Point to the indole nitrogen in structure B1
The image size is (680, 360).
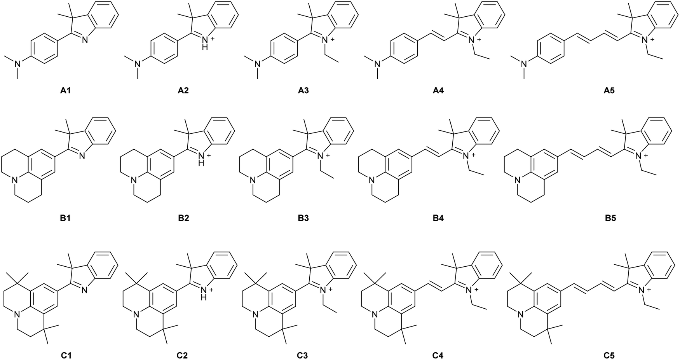[82, 156]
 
